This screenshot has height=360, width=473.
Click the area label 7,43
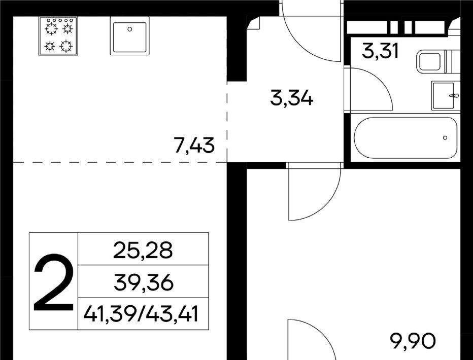coord(194,145)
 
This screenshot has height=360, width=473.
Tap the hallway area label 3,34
coord(292,98)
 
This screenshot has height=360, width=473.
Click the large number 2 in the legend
coord(54,282)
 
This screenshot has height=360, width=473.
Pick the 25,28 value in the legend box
coord(143,250)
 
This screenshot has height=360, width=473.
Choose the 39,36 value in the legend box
coord(143,282)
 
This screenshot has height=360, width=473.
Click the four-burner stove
coord(58,36)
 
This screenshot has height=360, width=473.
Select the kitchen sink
coord(130,35)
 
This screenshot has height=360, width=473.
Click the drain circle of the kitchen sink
coord(130,29)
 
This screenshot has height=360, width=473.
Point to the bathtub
coord(406,138)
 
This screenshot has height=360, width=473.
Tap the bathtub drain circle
coord(445,138)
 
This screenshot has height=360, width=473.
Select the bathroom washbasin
coord(444,96)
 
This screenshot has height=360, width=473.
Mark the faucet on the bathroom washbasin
coord(454,96)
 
